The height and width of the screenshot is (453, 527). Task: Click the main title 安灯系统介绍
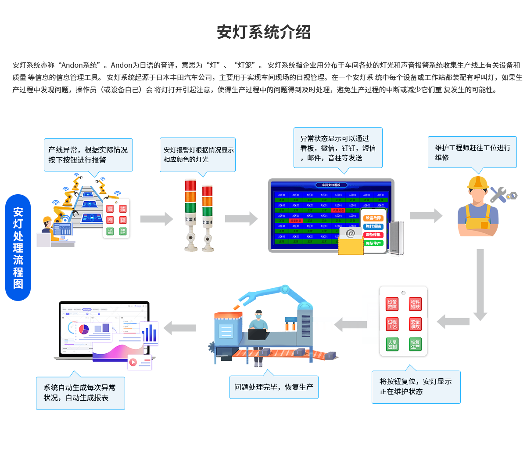coord(264,32)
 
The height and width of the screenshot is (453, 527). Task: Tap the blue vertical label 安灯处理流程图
coord(18,247)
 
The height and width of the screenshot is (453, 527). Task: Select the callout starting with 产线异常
coord(88,155)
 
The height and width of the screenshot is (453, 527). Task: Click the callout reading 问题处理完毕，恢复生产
coord(274,387)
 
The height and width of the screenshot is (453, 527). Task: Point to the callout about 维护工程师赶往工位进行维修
coord(472,152)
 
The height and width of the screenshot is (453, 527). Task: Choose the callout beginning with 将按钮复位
coord(416,386)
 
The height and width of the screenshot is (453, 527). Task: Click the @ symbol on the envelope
coord(350,233)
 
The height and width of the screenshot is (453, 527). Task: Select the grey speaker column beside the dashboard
coord(396,237)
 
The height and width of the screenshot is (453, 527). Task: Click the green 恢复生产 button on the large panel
coord(415,344)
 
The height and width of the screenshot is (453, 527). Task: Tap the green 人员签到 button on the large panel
coord(392,344)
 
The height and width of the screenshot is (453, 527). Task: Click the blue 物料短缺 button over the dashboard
coord(373,226)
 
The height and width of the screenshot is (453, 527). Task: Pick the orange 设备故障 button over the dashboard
coord(373,218)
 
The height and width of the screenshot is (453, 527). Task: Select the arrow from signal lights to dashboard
coord(241,219)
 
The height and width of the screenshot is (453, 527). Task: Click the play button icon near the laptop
coord(133,362)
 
